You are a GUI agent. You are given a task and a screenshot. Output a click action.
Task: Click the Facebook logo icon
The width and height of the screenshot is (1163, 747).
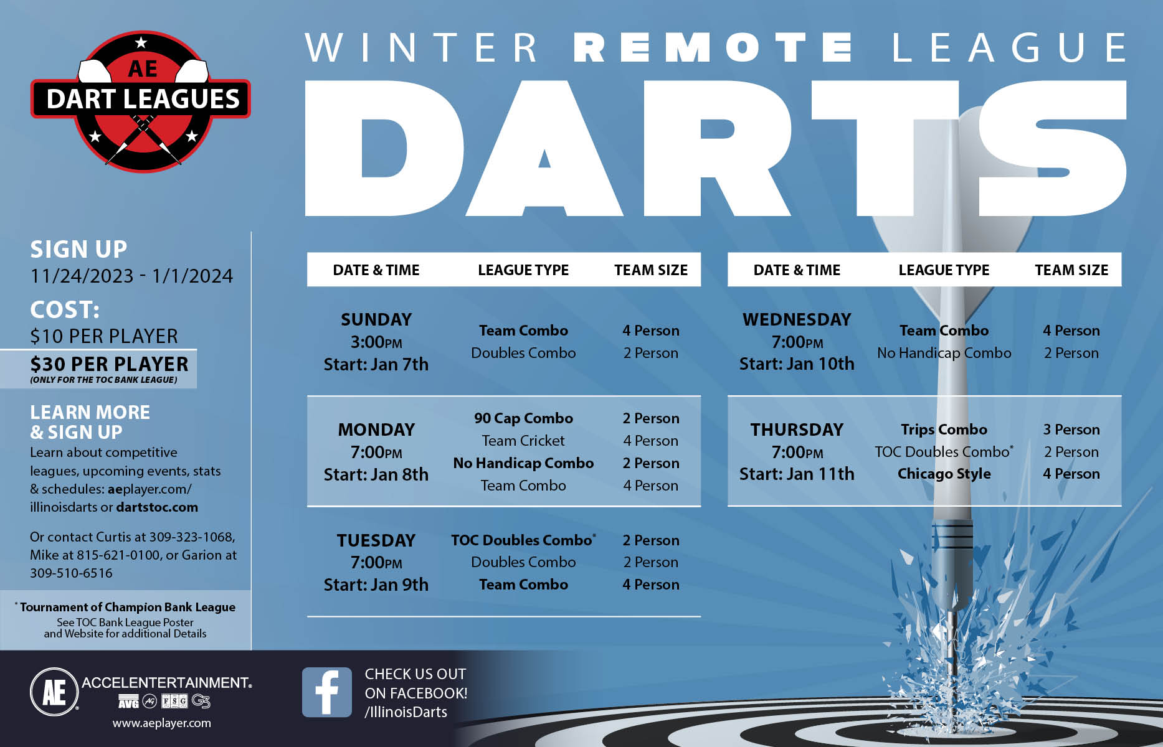pyautogui.click(x=326, y=692)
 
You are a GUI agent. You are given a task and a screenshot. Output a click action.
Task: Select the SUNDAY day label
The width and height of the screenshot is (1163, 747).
pyautogui.click(x=376, y=319)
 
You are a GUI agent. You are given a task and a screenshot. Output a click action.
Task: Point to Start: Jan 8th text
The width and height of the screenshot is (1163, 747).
pyautogui.click(x=376, y=474)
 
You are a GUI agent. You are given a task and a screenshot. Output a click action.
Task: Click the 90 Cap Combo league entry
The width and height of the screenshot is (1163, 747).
pyautogui.click(x=523, y=418)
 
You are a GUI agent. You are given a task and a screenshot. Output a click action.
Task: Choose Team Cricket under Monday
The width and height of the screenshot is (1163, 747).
pyautogui.click(x=523, y=441)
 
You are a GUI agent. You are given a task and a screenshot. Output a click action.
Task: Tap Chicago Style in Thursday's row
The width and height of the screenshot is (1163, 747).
pyautogui.click(x=944, y=474)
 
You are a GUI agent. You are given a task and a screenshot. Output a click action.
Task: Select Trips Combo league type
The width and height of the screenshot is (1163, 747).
pyautogui.click(x=944, y=430)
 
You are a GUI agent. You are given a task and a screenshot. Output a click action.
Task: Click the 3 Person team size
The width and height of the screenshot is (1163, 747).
pyautogui.click(x=1071, y=430)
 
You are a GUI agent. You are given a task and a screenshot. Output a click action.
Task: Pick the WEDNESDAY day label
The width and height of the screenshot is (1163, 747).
pyautogui.click(x=797, y=319)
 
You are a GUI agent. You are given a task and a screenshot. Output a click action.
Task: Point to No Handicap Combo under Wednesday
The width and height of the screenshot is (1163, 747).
pyautogui.click(x=944, y=353)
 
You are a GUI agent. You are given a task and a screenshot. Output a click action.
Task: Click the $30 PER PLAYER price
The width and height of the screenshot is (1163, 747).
pyautogui.click(x=109, y=364)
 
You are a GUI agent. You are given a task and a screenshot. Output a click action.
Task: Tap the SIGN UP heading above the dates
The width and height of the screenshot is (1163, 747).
pyautogui.click(x=78, y=249)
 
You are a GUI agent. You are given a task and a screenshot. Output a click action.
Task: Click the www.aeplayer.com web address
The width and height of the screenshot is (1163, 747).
pyautogui.click(x=161, y=723)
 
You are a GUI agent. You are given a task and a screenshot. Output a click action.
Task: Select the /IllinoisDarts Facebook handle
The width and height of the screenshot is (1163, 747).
pyautogui.click(x=406, y=712)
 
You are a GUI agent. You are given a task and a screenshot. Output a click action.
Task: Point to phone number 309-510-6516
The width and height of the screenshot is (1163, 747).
pyautogui.click(x=71, y=573)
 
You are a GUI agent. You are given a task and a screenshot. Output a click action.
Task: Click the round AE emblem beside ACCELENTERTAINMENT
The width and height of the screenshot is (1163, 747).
pyautogui.click(x=54, y=692)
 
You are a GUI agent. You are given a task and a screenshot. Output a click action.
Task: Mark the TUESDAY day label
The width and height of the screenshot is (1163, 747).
pyautogui.click(x=376, y=540)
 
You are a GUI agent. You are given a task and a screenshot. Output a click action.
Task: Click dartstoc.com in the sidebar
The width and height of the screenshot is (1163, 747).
pyautogui.click(x=157, y=507)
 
